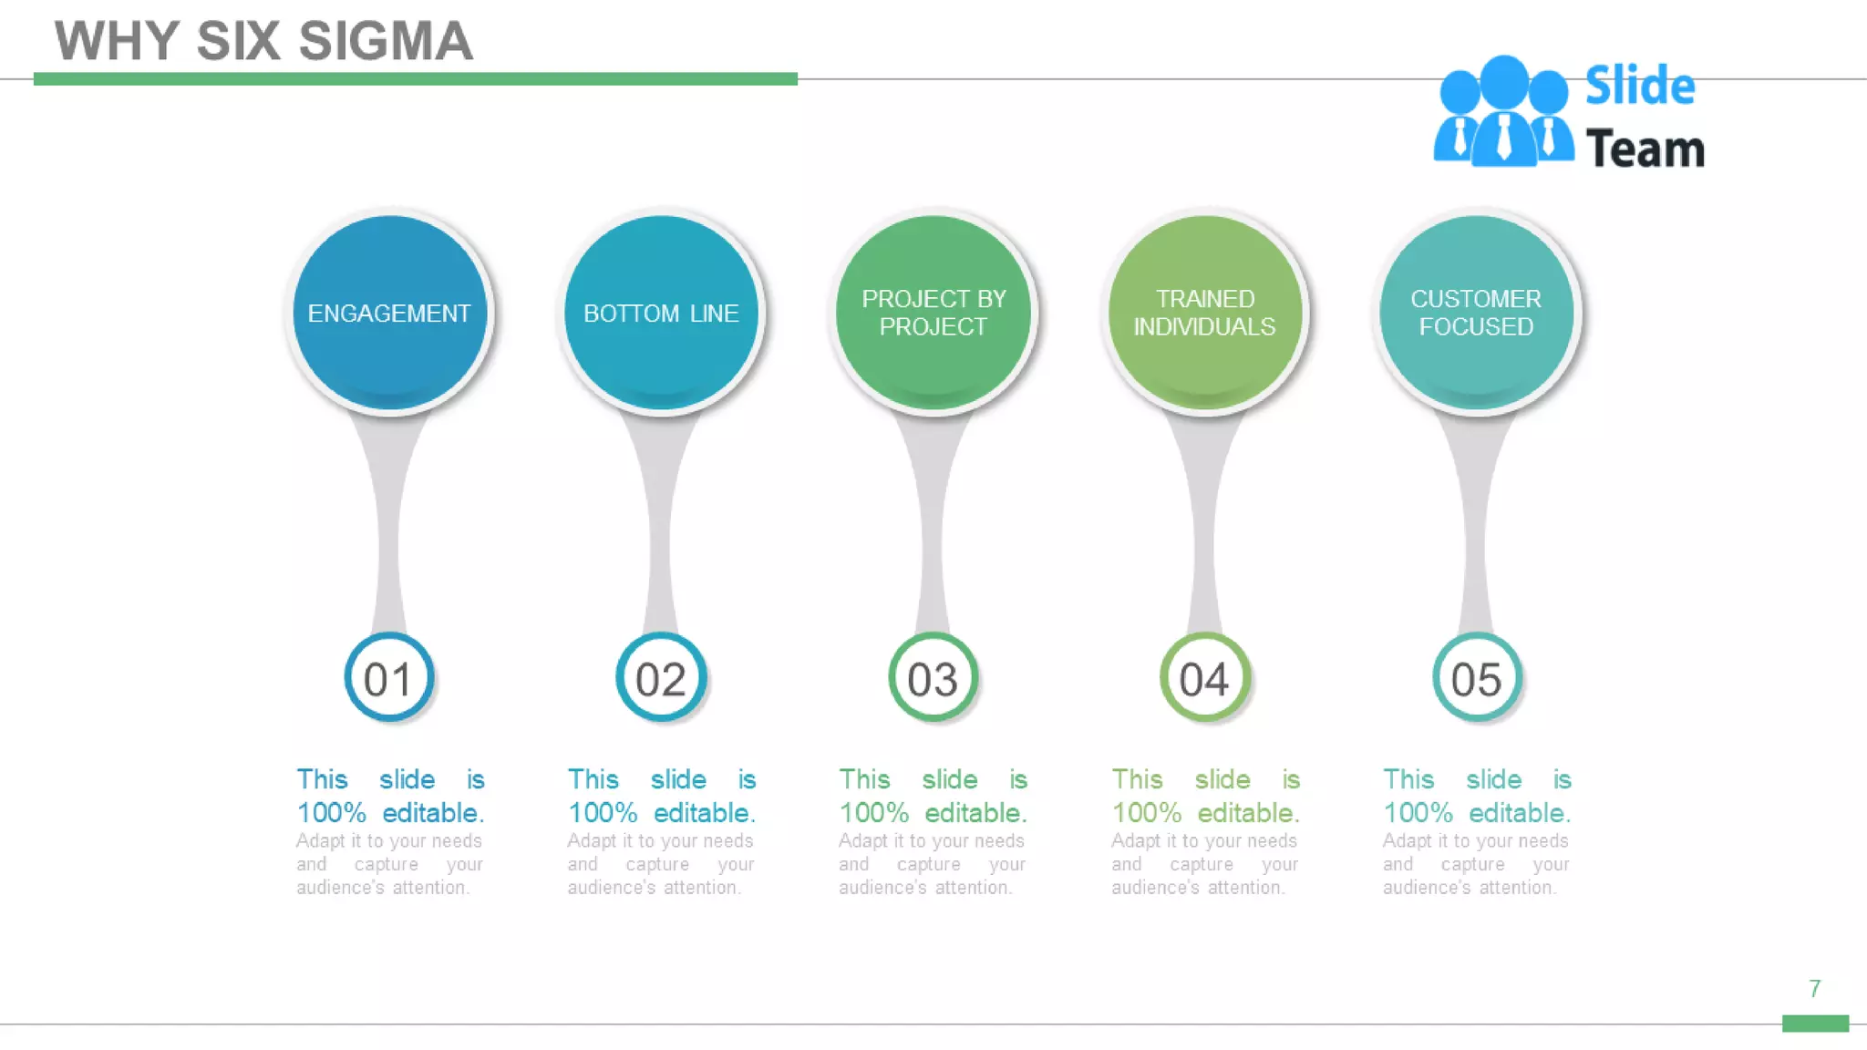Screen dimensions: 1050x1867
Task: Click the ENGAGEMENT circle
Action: coord(389,313)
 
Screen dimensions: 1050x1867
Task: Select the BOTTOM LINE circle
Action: coord(661,313)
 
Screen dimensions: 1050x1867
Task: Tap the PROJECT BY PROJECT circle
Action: coord(933,313)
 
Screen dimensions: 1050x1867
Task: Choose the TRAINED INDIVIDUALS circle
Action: coord(1204,313)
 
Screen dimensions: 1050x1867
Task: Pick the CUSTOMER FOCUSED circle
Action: coord(1476,313)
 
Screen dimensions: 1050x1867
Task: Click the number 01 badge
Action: coord(388,678)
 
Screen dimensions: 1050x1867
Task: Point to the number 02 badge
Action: coord(661,678)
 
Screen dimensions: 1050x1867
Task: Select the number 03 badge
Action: coord(933,678)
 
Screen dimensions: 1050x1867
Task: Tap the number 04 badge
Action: coord(1204,678)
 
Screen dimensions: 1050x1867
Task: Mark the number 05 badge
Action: coord(1476,678)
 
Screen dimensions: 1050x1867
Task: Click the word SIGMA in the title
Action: coord(386,42)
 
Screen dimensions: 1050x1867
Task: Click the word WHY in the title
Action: coord(117,42)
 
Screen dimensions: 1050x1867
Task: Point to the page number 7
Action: coord(1814,989)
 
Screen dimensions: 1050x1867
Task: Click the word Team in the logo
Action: coord(1645,149)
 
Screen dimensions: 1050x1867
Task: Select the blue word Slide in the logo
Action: coord(1640,86)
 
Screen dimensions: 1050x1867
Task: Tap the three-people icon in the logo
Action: coord(1503,113)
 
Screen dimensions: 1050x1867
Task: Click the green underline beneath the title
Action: coord(415,79)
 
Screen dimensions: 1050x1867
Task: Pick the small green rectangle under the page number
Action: coord(1815,1024)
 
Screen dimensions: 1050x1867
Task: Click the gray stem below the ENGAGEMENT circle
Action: coord(389,529)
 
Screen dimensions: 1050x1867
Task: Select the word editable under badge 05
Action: coord(1519,812)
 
